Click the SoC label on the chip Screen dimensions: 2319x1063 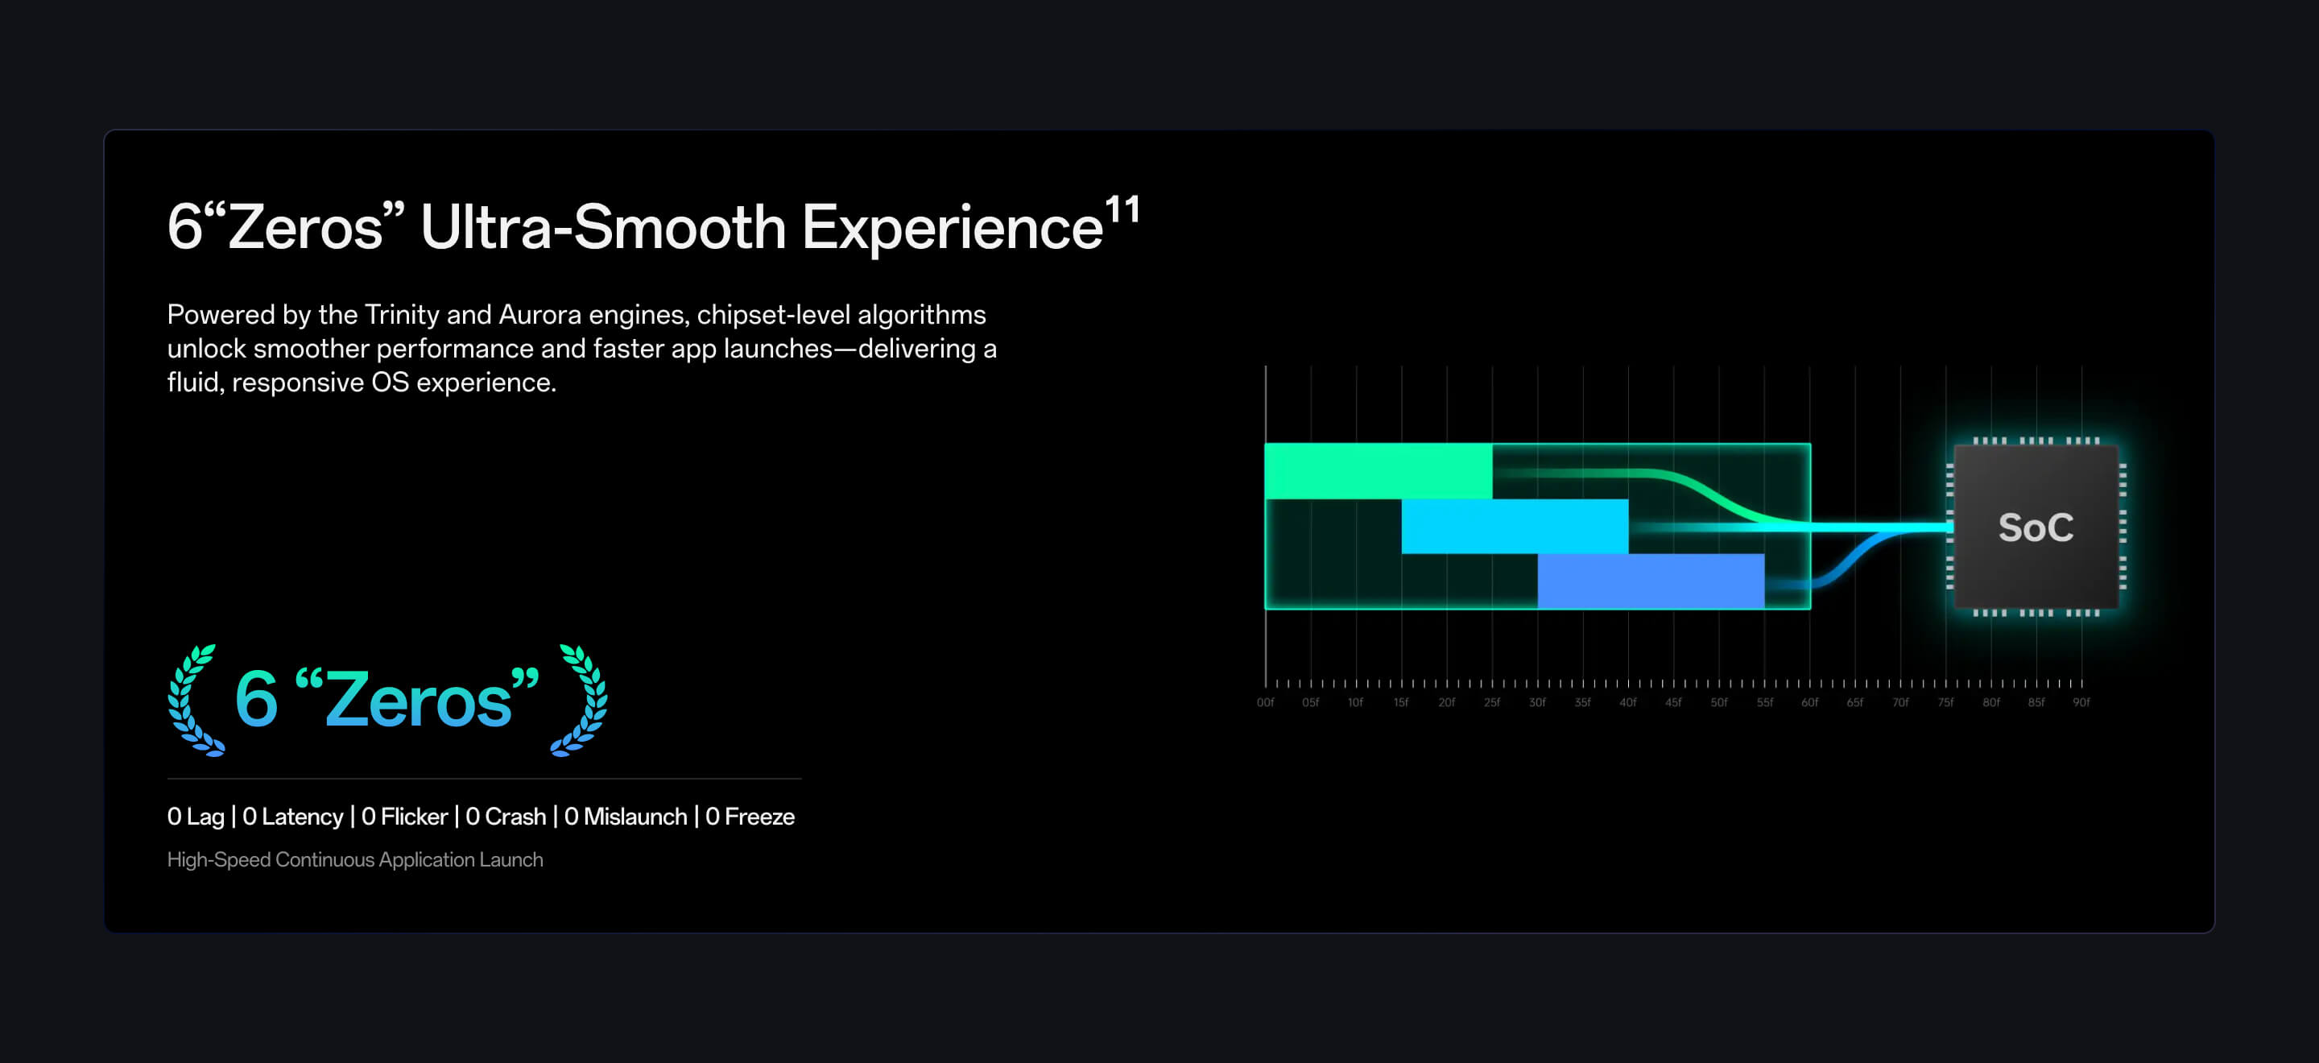point(2036,527)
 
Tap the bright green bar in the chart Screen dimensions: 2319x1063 point(1379,471)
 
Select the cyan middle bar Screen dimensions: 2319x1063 point(1514,526)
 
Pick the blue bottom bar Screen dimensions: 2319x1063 point(1651,581)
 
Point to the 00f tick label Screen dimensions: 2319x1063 point(1265,702)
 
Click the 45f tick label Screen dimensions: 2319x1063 point(1673,702)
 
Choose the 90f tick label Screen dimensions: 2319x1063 point(2081,702)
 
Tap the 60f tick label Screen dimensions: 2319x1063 point(1809,702)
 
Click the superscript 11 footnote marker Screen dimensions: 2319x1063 point(1122,211)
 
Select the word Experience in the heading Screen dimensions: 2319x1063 point(953,228)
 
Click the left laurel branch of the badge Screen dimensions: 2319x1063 point(193,701)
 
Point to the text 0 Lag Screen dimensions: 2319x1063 point(196,817)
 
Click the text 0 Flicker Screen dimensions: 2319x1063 point(404,817)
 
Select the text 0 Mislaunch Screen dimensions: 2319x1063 point(626,817)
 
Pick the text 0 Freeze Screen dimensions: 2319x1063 point(750,817)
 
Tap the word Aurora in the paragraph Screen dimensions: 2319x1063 point(540,314)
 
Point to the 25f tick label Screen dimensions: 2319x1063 point(1492,702)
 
